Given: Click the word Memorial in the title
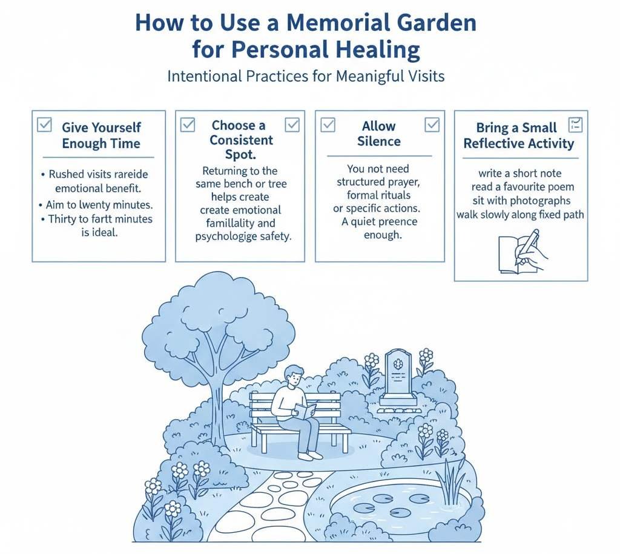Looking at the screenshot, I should pyautogui.click(x=338, y=24).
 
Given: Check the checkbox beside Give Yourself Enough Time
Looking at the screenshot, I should pyautogui.click(x=44, y=125).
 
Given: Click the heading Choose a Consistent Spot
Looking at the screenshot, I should pyautogui.click(x=238, y=140).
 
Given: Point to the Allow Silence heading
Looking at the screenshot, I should pyautogui.click(x=378, y=134).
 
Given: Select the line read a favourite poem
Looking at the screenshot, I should pyautogui.click(x=521, y=187).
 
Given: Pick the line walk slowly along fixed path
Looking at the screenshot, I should pyautogui.click(x=520, y=215).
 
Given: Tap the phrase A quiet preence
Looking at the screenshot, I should pyautogui.click(x=380, y=221).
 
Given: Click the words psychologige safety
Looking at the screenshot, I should pyautogui.click(x=243, y=236).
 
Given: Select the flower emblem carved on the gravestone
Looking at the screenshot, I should pyautogui.click(x=397, y=364).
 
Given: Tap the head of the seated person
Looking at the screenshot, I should pyautogui.click(x=294, y=376).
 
